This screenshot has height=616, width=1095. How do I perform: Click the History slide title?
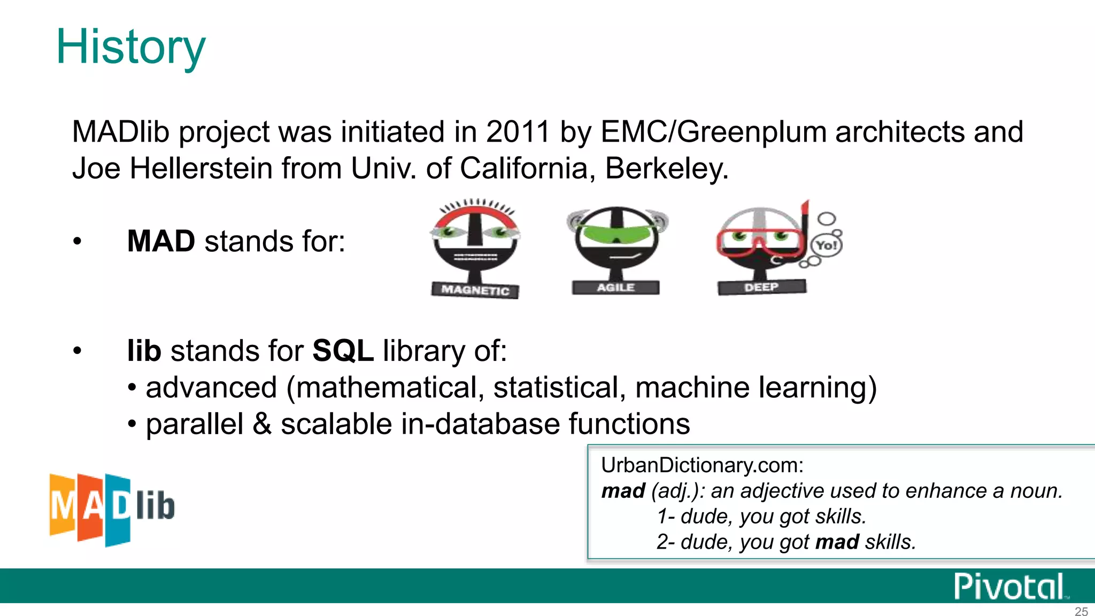pyautogui.click(x=130, y=47)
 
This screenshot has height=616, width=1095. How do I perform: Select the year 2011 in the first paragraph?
pyautogui.click(x=518, y=132)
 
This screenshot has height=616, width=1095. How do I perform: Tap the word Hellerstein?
pyautogui.click(x=201, y=168)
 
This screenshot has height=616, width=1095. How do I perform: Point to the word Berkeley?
pyautogui.click(x=666, y=168)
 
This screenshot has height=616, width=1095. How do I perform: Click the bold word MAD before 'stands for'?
pyautogui.click(x=161, y=241)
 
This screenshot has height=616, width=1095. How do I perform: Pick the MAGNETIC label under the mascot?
pyautogui.click(x=475, y=290)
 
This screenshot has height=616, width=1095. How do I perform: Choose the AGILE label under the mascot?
pyautogui.click(x=615, y=288)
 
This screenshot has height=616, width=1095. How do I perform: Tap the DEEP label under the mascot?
pyautogui.click(x=761, y=287)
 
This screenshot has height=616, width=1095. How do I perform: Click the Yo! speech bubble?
pyautogui.click(x=827, y=245)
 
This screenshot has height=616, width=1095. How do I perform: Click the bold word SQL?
pyautogui.click(x=343, y=351)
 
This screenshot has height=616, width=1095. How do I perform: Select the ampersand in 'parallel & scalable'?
pyautogui.click(x=262, y=424)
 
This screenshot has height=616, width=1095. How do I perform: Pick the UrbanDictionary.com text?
pyautogui.click(x=702, y=465)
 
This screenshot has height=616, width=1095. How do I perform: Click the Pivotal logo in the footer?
pyautogui.click(x=1009, y=586)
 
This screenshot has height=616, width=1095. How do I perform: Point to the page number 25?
pyautogui.click(x=1081, y=611)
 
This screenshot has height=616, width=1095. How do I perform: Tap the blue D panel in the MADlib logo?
pyautogui.click(x=118, y=509)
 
